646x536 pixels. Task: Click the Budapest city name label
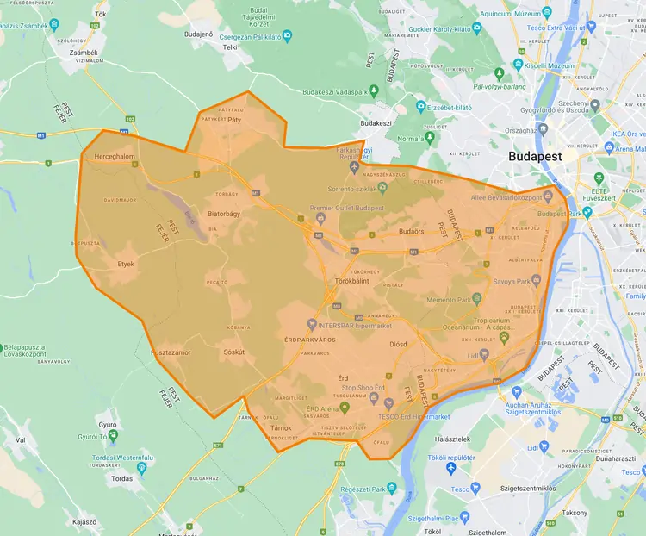[x=535, y=157]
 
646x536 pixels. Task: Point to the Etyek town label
[x=126, y=264]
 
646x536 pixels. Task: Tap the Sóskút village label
[x=233, y=352]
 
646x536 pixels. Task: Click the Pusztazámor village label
[x=176, y=353]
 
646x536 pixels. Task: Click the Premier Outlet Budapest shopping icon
[x=320, y=218]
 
